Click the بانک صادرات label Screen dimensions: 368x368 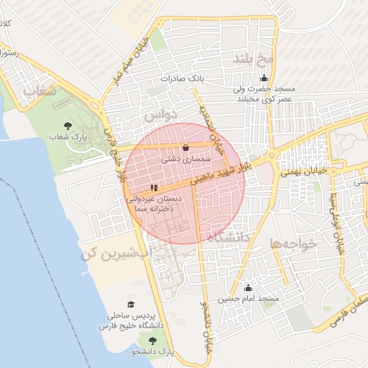click(183, 78)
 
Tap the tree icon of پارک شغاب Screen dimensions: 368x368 click(68, 126)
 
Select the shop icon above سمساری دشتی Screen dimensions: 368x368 click(186, 147)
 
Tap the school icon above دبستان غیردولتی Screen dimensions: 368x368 click(154, 187)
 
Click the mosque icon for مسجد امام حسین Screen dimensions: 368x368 click(249, 287)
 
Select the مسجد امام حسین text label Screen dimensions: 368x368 click(249, 298)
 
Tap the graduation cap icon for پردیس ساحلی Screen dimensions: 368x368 click(130, 305)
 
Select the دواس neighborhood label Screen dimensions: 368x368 click(159, 114)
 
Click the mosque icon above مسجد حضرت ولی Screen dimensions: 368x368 click(264, 79)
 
